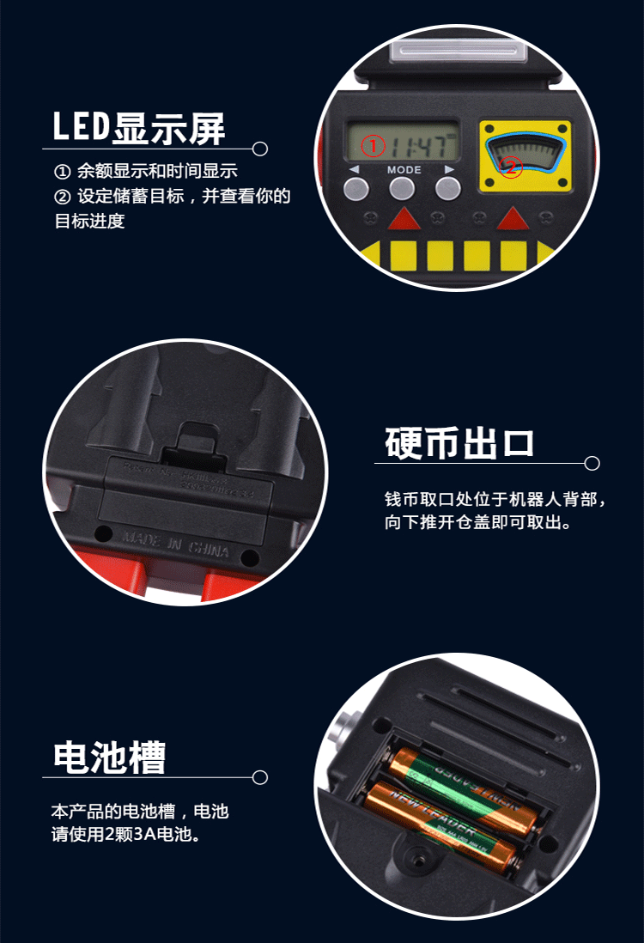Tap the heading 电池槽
click(109, 757)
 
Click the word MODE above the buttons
click(404, 170)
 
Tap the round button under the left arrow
click(357, 188)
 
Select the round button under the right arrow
click(448, 188)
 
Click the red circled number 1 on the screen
click(372, 146)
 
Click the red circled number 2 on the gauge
click(511, 167)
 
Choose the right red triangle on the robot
click(513, 220)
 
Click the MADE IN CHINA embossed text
click(176, 543)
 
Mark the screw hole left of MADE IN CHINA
click(104, 532)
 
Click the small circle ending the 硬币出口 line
click(592, 464)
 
